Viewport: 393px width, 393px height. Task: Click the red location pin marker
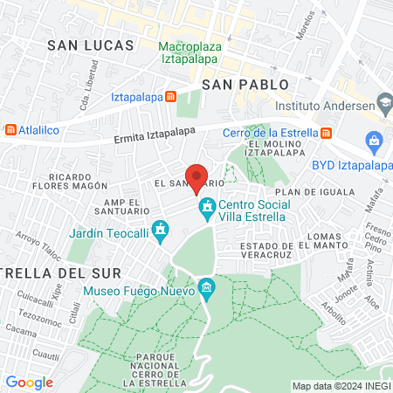[196, 176]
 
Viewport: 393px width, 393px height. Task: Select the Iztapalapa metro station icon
[171, 97]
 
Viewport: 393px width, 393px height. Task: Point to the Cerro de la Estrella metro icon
[326, 133]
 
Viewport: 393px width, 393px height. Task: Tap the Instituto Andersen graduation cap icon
[383, 101]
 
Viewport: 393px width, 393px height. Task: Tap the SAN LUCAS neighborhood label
[91, 45]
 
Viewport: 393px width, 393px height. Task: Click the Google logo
[29, 382]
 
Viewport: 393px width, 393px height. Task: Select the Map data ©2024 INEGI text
[340, 385]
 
